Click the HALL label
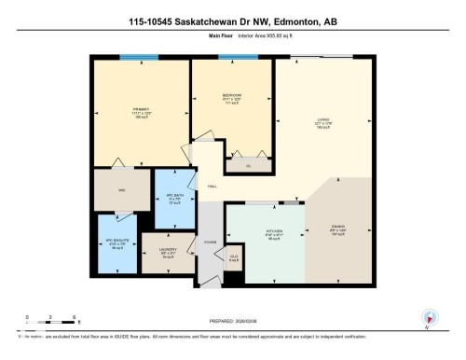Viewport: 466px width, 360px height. pos(212,187)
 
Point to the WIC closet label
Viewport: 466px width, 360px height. pos(120,190)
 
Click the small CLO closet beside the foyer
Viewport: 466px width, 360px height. pos(234,256)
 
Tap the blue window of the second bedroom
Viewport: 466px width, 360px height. pos(231,58)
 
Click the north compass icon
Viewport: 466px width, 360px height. pos(429,317)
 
